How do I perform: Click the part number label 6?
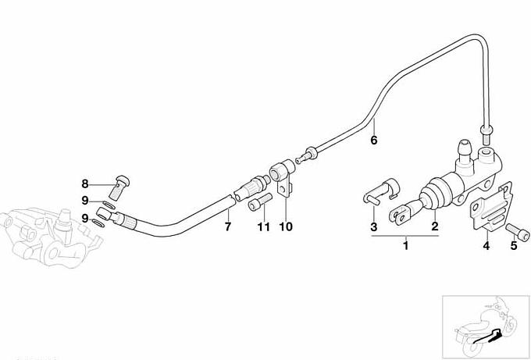[373, 140]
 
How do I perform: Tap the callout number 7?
[228, 226]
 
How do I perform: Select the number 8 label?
[84, 184]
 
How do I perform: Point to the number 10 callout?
[286, 226]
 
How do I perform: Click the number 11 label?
[263, 226]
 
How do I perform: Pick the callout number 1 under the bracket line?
[406, 245]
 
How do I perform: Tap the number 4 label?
[486, 245]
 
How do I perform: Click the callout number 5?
[514, 245]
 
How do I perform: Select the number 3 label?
[373, 226]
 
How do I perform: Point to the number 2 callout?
[435, 226]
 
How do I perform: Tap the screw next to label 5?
[518, 233]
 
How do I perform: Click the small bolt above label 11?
[260, 201]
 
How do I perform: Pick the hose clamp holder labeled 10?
[282, 176]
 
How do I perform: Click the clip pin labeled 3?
[382, 191]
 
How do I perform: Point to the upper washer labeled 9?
[109, 205]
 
